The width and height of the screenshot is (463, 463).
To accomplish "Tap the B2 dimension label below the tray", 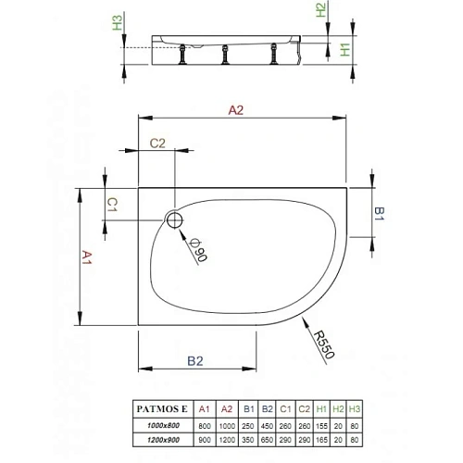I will [195, 360].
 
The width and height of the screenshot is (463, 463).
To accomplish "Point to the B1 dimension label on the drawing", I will [378, 212].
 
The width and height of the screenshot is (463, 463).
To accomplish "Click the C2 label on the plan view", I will [156, 143].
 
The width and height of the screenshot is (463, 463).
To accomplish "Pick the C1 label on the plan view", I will [111, 202].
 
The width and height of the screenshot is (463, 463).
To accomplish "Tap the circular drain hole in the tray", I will [173, 220].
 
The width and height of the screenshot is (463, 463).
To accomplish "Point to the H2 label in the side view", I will [320, 11].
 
